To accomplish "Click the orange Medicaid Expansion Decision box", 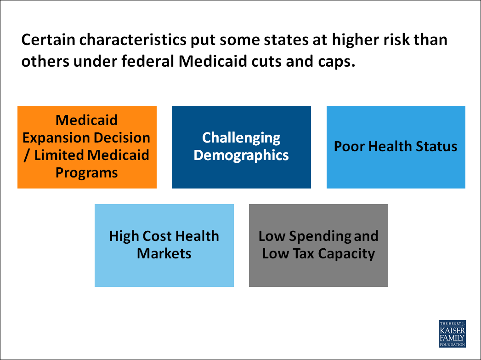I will pyautogui.click(x=87, y=147).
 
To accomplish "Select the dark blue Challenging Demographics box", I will pyautogui.click(x=241, y=147).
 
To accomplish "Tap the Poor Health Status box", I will pyautogui.click(x=396, y=147).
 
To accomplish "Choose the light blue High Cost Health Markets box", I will pyautogui.click(x=164, y=246).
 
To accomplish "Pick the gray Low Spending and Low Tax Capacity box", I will pyautogui.click(x=318, y=246).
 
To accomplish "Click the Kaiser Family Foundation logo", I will pyautogui.click(x=452, y=333).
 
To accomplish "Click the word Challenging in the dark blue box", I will pyautogui.click(x=241, y=137).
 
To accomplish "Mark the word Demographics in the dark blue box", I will pyautogui.click(x=241, y=155).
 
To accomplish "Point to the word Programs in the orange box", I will pyautogui.click(x=87, y=172).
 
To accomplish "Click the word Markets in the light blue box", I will pyautogui.click(x=164, y=253).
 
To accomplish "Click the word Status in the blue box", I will pyautogui.click(x=438, y=147).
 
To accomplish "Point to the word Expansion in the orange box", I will pyautogui.click(x=57, y=137).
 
